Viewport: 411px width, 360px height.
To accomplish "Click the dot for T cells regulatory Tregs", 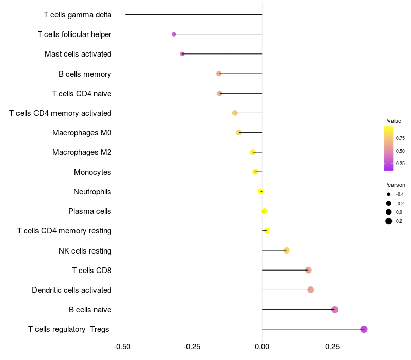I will click(364, 329).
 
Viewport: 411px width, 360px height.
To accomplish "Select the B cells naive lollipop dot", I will click(335, 310).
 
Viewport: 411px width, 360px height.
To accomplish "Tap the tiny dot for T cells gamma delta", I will click(126, 14).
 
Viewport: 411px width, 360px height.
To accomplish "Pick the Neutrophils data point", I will click(261, 191).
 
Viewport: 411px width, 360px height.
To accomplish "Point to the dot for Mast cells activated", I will click(182, 54).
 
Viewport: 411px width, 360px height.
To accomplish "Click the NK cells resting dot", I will click(287, 250).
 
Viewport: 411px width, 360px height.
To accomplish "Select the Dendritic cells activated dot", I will click(310, 290).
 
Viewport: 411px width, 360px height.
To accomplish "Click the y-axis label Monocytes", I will click(92, 172).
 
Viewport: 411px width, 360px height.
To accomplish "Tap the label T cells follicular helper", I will click(74, 34).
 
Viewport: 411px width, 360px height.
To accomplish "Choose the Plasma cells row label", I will click(90, 211).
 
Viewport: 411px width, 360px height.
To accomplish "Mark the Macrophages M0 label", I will click(82, 133).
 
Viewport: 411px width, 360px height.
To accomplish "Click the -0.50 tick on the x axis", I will click(122, 346).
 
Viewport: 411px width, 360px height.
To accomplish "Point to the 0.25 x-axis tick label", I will click(332, 346).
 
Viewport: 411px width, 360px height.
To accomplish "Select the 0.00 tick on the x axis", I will click(262, 346).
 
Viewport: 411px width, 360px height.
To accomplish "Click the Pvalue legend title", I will click(393, 121).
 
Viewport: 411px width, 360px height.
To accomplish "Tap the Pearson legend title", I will click(395, 185).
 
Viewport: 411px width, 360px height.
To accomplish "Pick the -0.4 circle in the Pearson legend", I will click(389, 194).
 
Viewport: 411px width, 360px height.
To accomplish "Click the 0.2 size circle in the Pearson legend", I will click(389, 221).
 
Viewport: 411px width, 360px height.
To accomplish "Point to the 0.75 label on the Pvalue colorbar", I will click(400, 138).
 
